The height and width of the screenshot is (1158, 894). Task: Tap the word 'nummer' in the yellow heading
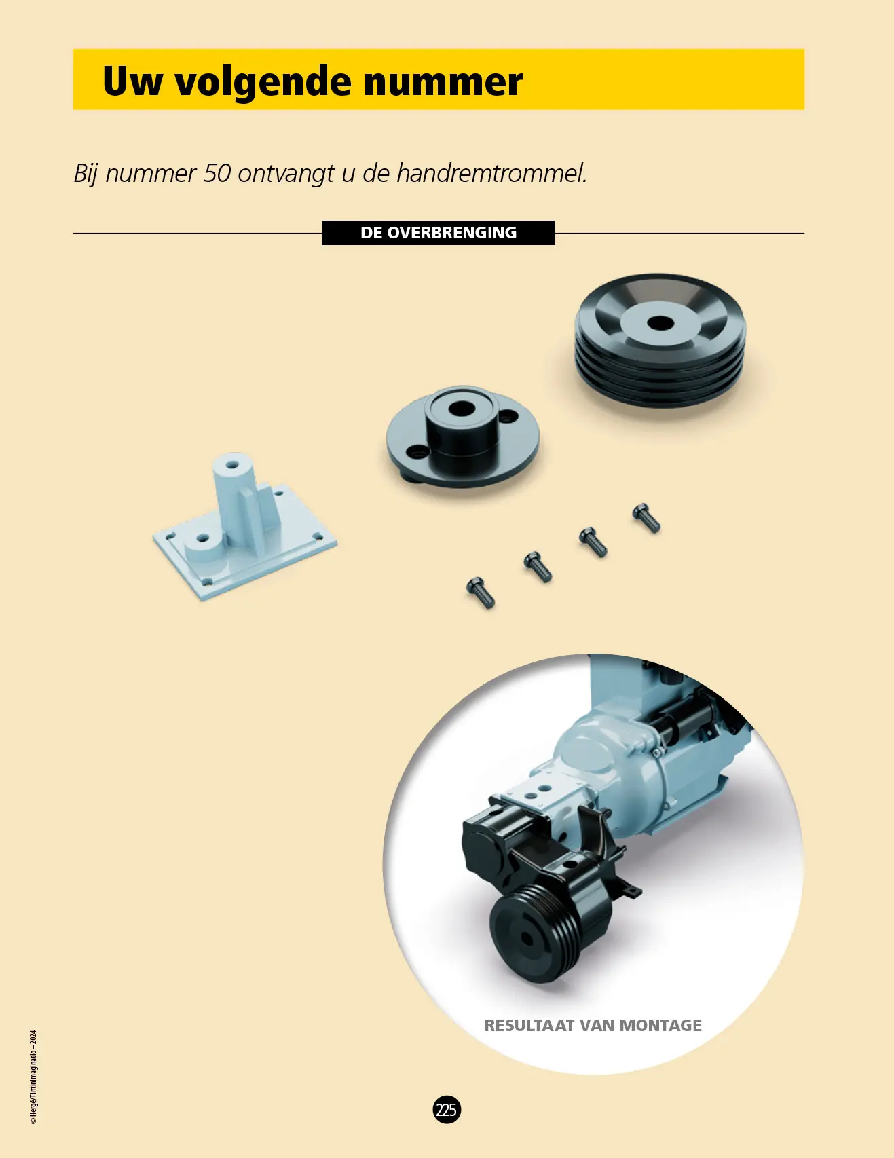point(443,82)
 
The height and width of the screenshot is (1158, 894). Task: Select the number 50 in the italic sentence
point(217,173)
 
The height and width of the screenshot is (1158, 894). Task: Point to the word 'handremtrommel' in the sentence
point(491,173)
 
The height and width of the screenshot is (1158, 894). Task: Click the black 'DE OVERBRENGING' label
point(439,233)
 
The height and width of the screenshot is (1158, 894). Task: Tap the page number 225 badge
point(447,1110)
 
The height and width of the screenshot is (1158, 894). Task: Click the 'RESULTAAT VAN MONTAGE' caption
point(593,1025)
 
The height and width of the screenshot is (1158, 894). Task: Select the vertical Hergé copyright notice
point(33,1077)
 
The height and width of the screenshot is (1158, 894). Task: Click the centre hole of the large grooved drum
point(660,322)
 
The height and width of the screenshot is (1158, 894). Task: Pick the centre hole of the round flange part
point(462,409)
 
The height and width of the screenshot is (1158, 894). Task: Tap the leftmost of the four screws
point(481,593)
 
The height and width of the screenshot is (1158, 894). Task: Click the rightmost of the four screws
point(646,518)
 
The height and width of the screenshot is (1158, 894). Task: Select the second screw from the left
point(538,567)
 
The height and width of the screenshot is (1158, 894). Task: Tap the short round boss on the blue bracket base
point(203,546)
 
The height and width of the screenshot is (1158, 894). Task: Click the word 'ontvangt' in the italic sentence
point(286,174)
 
